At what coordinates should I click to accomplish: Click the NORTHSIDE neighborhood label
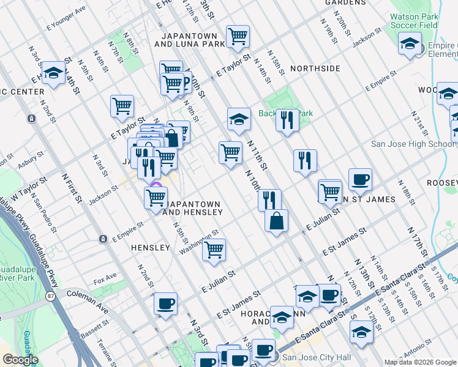315,69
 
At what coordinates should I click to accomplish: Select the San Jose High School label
414,144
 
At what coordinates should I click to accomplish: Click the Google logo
20,360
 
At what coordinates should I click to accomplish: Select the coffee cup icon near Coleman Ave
165,304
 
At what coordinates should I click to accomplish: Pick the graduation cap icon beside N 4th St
54,73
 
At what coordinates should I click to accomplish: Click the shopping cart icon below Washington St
214,250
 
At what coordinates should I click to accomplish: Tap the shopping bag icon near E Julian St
277,220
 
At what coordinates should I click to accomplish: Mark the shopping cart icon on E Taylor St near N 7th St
122,106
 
